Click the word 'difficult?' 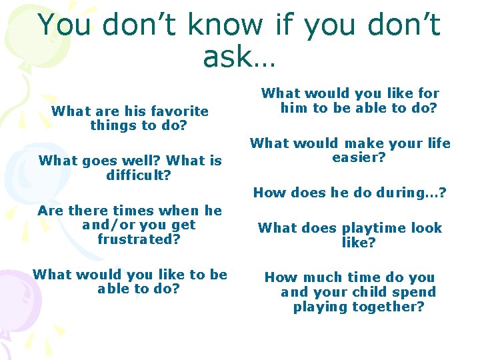coord(139,175)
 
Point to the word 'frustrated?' coord(139,239)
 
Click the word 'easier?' coord(359,158)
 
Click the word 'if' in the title coord(284,25)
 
